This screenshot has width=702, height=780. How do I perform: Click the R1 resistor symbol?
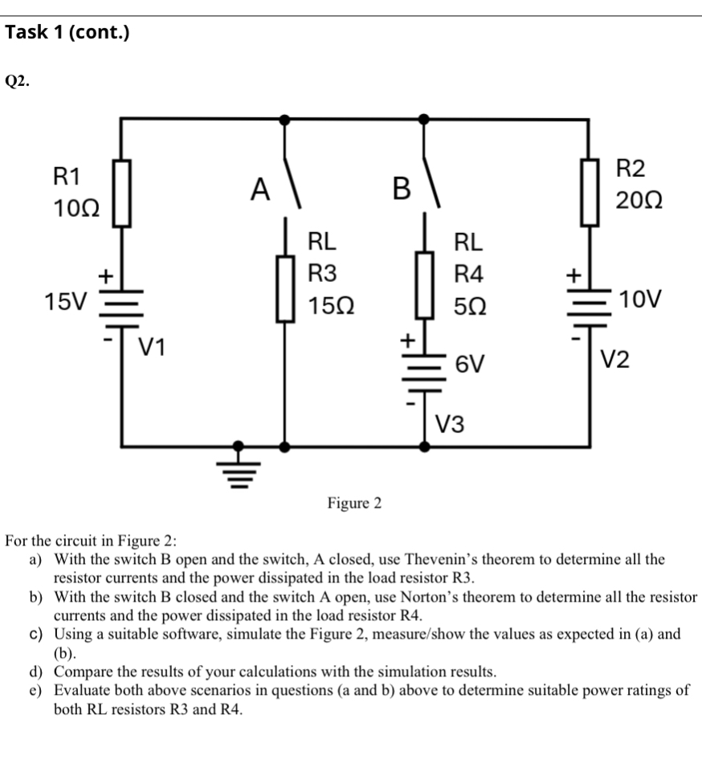point(121,194)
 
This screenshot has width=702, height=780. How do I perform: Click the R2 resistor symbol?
point(590,191)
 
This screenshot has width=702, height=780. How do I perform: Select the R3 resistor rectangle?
point(284,288)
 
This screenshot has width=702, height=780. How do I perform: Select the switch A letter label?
point(259,190)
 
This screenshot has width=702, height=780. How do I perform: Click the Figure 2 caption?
point(354,504)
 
